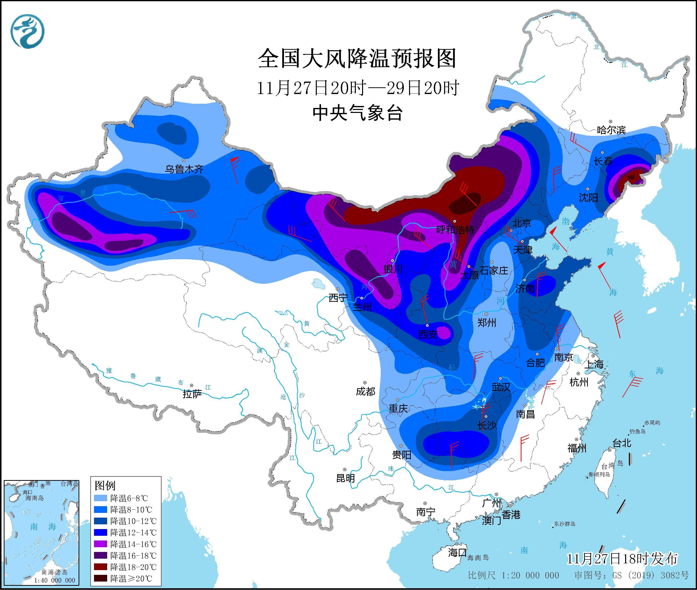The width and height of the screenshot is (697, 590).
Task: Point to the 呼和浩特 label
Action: [x=455, y=230]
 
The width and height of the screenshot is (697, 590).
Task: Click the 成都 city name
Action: [x=365, y=391]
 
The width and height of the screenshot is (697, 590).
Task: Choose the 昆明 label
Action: [x=345, y=478]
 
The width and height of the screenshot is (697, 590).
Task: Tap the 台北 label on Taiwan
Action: [x=621, y=443]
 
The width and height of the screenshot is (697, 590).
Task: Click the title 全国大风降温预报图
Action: [x=357, y=58]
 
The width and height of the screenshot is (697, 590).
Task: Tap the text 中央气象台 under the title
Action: [x=357, y=113]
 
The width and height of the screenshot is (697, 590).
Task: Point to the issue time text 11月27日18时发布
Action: [x=622, y=559]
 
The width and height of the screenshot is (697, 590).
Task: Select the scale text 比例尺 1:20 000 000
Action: [x=513, y=575]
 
